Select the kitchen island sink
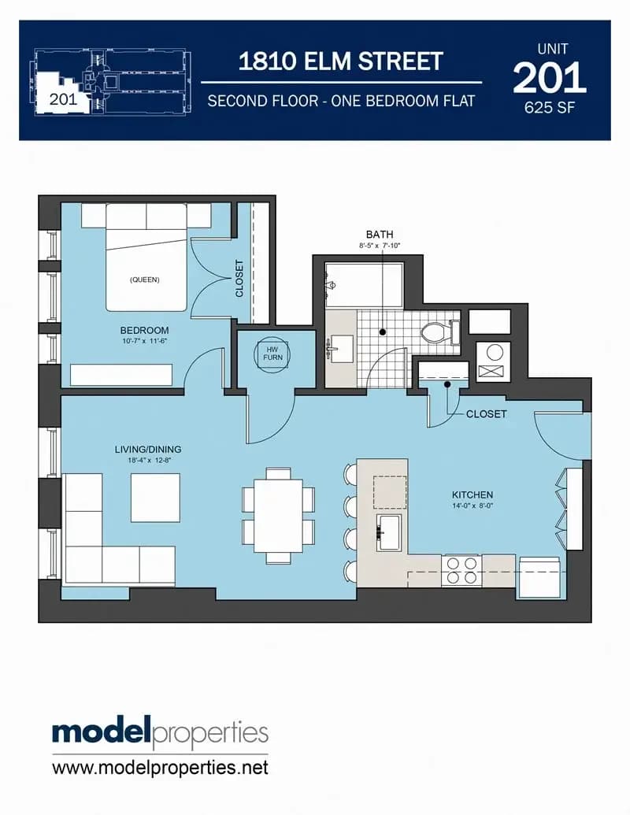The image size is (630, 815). click(388, 532)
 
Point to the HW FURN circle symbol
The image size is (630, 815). click(272, 354)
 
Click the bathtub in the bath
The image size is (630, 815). click(364, 285)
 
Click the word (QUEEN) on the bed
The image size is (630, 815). click(144, 280)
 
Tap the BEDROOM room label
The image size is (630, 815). click(144, 330)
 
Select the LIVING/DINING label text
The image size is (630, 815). click(148, 449)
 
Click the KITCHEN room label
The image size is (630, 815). click(472, 495)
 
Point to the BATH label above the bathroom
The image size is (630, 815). click(380, 235)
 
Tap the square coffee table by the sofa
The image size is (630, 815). click(155, 498)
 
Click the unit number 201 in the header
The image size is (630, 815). click(550, 78)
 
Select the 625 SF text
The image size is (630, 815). click(550, 108)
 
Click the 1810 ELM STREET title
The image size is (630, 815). click(340, 61)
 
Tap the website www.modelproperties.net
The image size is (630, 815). click(160, 767)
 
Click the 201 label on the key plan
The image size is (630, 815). click(64, 98)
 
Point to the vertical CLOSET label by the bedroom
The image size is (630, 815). click(239, 278)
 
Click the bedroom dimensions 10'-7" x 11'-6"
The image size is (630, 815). click(144, 341)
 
